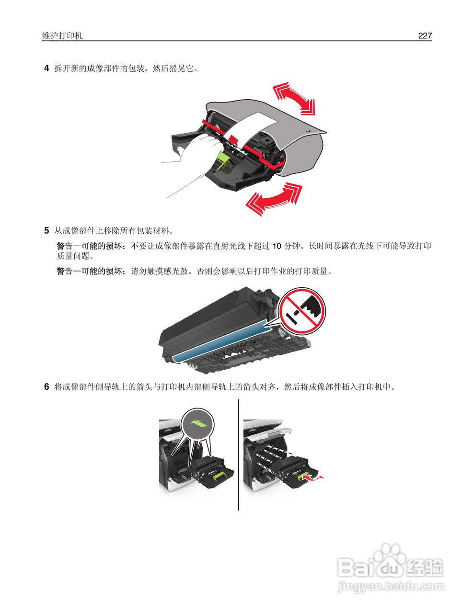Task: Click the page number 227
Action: click(425, 36)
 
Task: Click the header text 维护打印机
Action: click(62, 36)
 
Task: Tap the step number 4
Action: click(46, 68)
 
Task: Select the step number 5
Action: click(46, 231)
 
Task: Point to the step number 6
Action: click(46, 387)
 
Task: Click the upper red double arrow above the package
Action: click(294, 99)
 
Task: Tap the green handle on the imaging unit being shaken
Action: click(224, 161)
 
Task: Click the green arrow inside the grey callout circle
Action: click(199, 423)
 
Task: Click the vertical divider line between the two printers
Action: click(239, 455)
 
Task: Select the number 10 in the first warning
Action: click(277, 247)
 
